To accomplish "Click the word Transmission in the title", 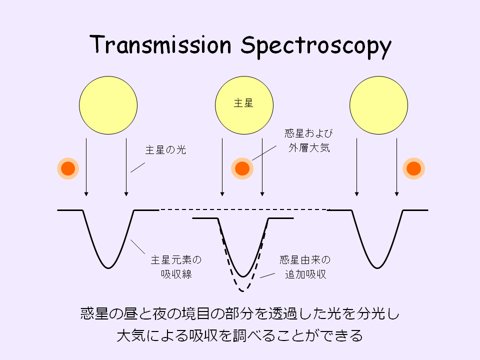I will pos(161,45).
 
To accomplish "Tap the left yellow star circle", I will pos(108,105).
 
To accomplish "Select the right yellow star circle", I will pos(378,105).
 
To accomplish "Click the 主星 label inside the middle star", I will pos(243,103).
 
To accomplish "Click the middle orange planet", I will pos(242,169).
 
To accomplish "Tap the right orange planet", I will pos(414,169).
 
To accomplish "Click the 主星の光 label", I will pos(165,149).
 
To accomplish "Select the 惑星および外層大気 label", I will pos(308,140).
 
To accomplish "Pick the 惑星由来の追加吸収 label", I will pos(304,267).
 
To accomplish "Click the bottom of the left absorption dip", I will pos(108,267).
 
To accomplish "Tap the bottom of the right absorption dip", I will pos(378,267).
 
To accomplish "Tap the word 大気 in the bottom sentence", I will pos(127,335).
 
